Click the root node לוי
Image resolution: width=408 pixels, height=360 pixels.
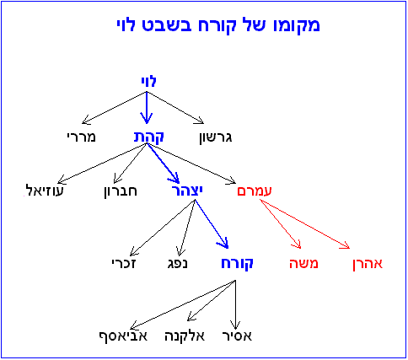[148, 81]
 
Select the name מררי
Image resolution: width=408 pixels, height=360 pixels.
[82, 137]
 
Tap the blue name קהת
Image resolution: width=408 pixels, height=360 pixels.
[148, 137]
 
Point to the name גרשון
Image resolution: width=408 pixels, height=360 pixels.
[216, 137]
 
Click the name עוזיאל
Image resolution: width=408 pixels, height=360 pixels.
[45, 191]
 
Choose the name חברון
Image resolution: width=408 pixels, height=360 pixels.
[121, 191]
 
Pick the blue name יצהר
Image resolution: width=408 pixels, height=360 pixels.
[187, 191]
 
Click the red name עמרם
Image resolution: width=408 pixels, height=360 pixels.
[255, 191]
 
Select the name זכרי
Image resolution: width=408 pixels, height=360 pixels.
[124, 263]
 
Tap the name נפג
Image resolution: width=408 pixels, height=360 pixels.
[178, 264]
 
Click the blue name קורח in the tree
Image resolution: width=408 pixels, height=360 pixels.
[237, 264]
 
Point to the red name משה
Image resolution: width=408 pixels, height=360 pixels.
[303, 264]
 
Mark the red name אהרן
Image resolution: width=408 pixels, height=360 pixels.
[368, 264]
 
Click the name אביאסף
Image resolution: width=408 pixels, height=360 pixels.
[123, 336]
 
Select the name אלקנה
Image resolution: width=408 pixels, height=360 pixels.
[185, 336]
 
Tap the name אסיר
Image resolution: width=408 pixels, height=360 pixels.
[237, 336]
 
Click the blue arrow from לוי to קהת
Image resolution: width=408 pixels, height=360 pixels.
[147, 108]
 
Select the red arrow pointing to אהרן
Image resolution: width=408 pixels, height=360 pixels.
[304, 224]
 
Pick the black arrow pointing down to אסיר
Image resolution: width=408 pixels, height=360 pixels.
[235, 304]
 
